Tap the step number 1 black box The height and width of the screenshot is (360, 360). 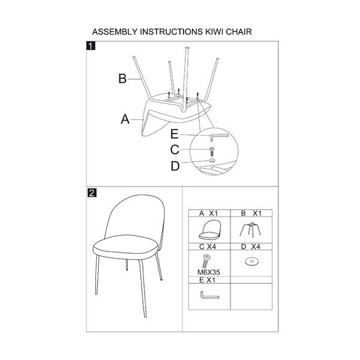tap(91, 46)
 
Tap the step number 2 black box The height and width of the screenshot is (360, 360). tap(92, 193)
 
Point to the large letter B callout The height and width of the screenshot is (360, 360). tap(122, 79)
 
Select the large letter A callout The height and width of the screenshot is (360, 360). tap(125, 119)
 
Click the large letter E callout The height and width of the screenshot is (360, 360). tap(175, 134)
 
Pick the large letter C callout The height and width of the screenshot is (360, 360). tap(175, 149)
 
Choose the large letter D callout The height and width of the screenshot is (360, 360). tap(175, 166)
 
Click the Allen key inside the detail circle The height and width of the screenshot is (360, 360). tap(218, 135)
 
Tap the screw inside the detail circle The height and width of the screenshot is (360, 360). tap(212, 152)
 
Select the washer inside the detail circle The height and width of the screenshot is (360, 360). tap(212, 160)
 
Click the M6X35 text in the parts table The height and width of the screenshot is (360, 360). tap(208, 272)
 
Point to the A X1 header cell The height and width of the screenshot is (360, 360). tap(209, 213)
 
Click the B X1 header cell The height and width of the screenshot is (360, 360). tap(251, 213)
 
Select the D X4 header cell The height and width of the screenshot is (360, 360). tap(251, 247)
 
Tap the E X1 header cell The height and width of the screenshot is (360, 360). tap(209, 280)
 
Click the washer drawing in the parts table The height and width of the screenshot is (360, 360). tap(252, 262)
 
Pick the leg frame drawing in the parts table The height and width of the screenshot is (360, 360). tap(251, 229)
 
